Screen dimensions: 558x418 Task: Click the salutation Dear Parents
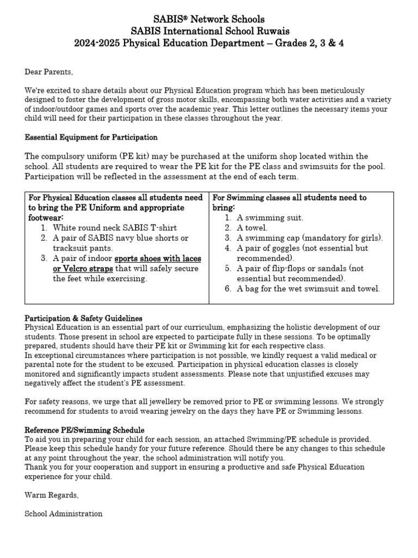point(48,71)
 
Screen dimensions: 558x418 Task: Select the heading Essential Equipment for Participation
point(91,137)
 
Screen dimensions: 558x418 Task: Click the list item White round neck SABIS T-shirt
point(114,228)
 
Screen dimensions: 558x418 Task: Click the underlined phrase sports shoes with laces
point(158,258)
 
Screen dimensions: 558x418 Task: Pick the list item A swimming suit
point(270,217)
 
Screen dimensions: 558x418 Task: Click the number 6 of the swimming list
point(228,289)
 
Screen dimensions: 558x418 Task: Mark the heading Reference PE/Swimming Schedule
point(84,430)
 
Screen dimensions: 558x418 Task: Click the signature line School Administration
point(64,513)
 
